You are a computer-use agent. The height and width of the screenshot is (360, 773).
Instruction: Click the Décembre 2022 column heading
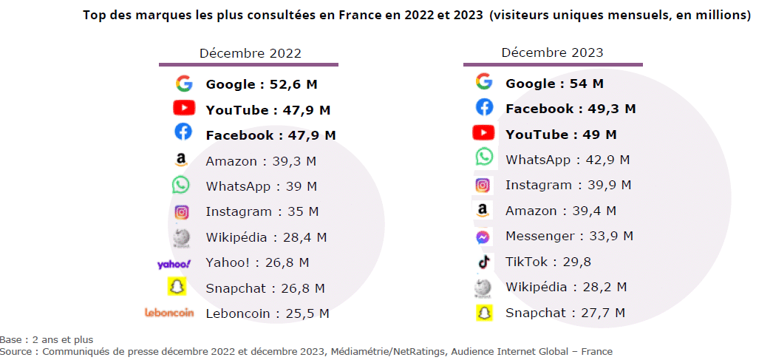coord(250,53)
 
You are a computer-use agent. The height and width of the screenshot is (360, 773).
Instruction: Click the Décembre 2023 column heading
coord(552,52)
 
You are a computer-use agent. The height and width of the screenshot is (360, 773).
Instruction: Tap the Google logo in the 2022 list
coord(183,84)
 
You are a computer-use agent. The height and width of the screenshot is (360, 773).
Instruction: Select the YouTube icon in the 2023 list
coord(483,133)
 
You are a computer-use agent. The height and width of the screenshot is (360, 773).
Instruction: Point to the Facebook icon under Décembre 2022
coord(183,133)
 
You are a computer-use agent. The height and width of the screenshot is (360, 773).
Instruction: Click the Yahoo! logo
coord(174,263)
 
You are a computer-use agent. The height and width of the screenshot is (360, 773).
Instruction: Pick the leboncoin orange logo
coord(169,313)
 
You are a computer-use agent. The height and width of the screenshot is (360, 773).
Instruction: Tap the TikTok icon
coord(483,261)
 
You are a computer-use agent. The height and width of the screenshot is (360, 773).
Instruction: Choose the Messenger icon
coord(483,237)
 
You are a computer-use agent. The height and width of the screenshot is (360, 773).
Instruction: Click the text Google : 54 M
coord(554,84)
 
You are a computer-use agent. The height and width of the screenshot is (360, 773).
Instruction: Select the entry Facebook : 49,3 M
coord(571,109)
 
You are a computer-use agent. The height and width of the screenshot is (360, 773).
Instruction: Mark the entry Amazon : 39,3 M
coord(262,161)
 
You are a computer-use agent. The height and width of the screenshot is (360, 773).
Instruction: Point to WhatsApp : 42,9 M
coord(568,160)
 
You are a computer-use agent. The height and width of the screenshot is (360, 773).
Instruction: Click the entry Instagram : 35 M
coord(262,211)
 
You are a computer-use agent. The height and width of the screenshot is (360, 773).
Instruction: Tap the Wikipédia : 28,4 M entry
coord(266,237)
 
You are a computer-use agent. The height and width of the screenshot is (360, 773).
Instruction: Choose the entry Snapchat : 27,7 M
coord(565,313)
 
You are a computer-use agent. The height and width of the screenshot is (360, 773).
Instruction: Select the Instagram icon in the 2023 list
coord(483,186)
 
